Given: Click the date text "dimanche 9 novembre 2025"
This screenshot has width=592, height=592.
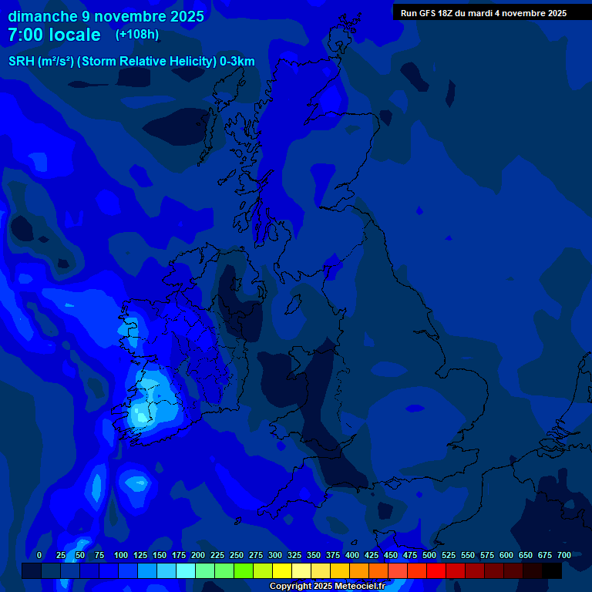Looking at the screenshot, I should [106, 16].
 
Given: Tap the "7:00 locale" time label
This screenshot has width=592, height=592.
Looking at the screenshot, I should [54, 35].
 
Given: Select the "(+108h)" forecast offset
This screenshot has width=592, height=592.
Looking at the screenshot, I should [137, 35].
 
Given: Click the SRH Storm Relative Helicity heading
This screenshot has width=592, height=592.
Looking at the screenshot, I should [132, 62].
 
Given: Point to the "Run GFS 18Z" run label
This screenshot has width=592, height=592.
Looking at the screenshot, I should [428, 13].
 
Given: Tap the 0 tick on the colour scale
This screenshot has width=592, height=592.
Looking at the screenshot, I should [39, 555].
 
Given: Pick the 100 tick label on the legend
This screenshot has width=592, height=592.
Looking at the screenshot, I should [121, 555].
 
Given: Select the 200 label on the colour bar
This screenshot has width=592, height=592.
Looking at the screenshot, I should [198, 555].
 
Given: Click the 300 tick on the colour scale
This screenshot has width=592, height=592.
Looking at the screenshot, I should [275, 555].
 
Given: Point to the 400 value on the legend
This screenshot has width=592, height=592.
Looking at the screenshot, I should [352, 555].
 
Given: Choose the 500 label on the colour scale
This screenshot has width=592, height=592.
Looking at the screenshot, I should [429, 555].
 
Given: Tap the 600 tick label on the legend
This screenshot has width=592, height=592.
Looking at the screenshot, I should [506, 555].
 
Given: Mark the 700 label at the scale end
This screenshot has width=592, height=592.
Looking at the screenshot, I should [564, 555].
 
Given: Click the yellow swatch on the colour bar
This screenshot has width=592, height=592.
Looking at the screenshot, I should [282, 570].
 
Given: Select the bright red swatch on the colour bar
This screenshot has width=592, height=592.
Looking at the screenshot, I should [436, 570].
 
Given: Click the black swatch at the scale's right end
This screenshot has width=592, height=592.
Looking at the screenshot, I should [552, 570].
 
